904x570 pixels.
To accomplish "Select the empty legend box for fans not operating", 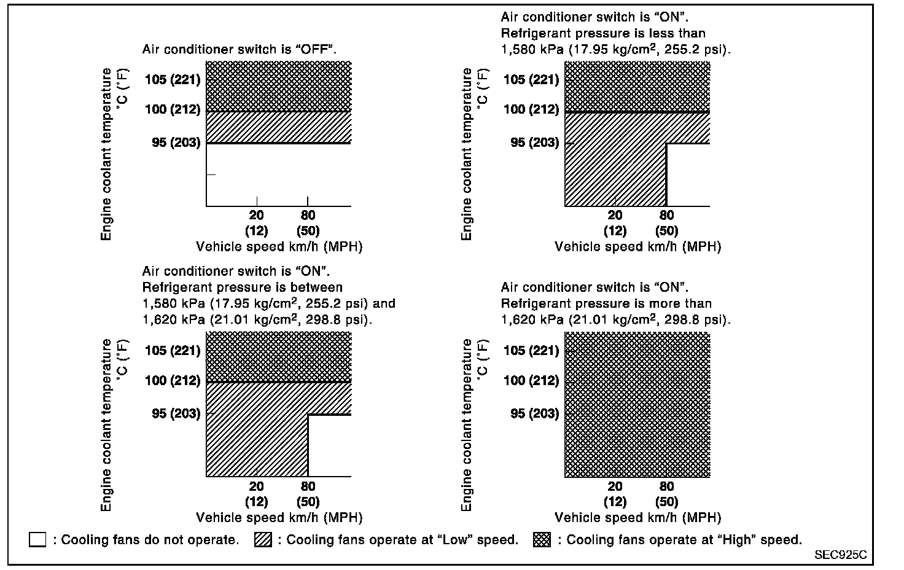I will [x=37, y=540].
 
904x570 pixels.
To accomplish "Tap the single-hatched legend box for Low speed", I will [x=263, y=540].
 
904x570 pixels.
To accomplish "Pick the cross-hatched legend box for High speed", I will [x=542, y=540].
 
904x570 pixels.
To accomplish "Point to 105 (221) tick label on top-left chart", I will [x=173, y=79].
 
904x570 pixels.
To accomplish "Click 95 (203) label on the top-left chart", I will [x=176, y=142].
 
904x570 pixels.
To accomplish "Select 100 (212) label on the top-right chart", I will [x=531, y=109].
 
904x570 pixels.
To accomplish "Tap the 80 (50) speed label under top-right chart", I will [x=666, y=223].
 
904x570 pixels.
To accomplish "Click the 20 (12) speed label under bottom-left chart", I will [x=256, y=494].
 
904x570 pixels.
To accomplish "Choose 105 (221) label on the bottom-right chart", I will [x=531, y=350].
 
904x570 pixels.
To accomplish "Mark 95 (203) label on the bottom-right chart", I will [x=534, y=413].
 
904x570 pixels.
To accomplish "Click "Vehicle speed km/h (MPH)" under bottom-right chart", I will [x=637, y=517].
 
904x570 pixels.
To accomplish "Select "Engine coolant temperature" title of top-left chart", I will [x=107, y=154].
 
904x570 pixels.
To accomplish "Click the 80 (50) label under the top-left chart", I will [x=308, y=223].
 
